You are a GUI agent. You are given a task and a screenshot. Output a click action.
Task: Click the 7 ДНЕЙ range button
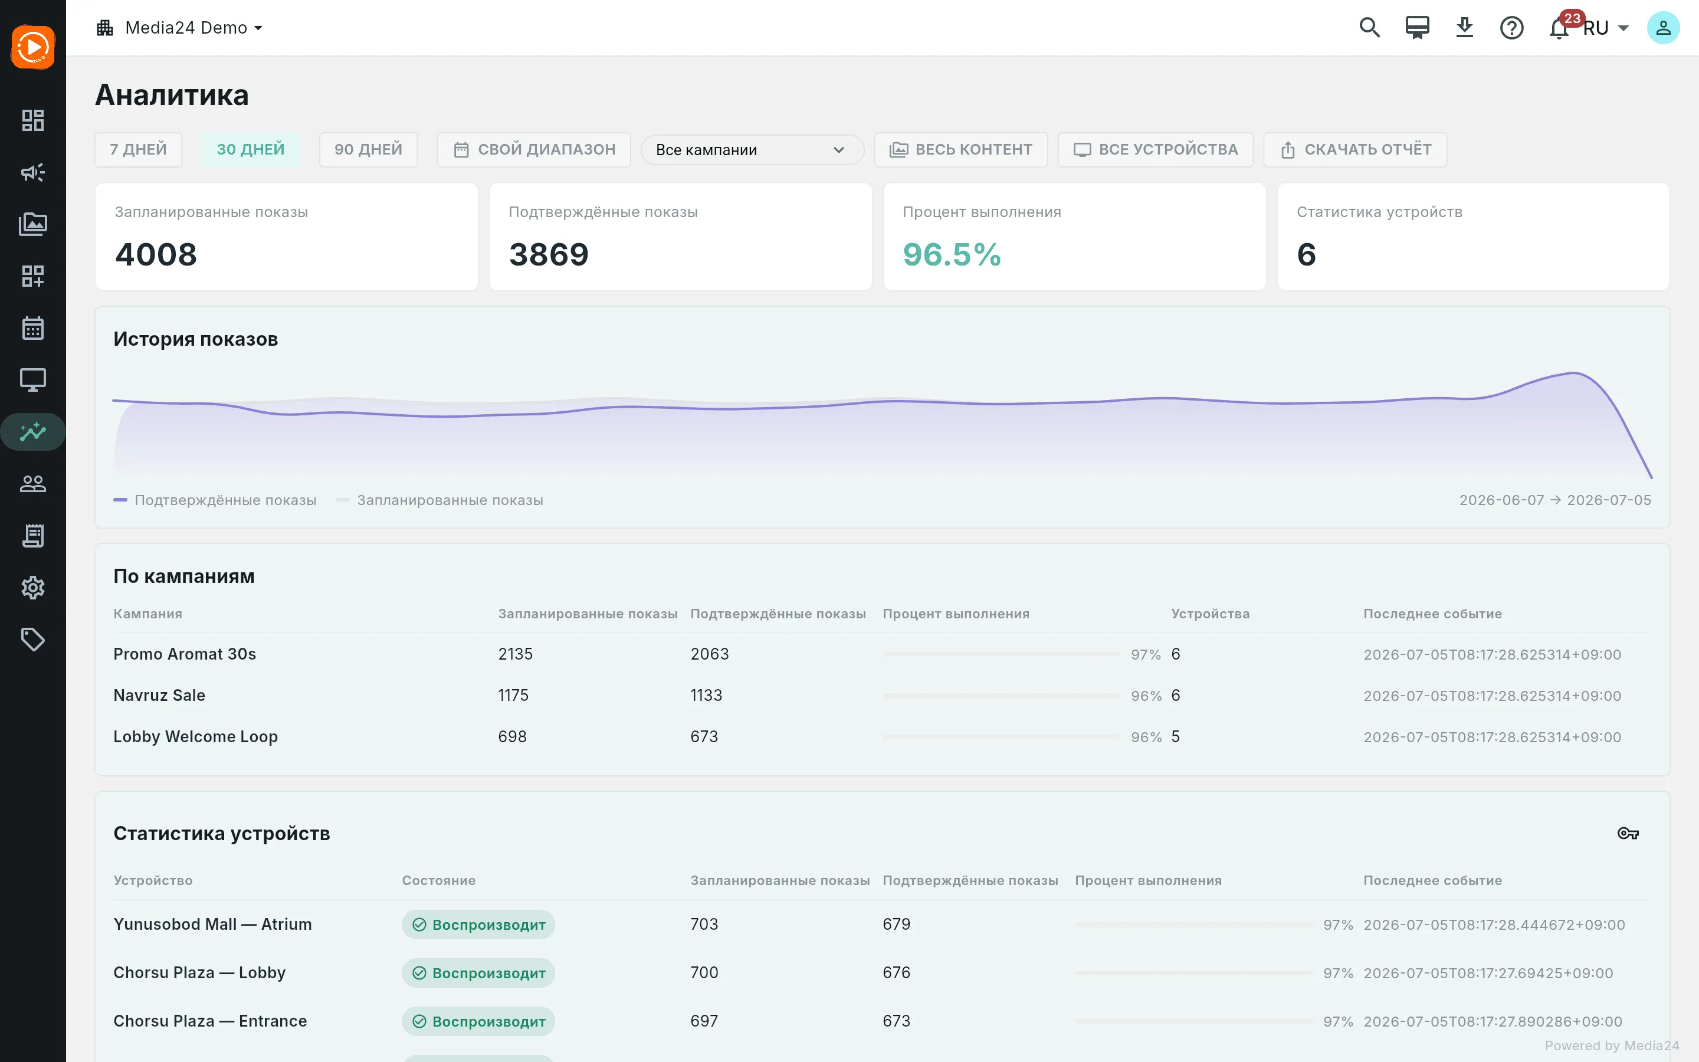(138, 150)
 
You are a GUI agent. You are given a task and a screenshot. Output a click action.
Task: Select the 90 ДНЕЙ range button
(368, 150)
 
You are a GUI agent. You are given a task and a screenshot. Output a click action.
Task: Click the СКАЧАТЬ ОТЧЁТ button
(1355, 150)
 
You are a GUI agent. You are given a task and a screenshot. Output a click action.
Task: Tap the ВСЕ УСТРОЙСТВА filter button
(1156, 150)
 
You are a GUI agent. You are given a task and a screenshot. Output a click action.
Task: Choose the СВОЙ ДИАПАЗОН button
(533, 150)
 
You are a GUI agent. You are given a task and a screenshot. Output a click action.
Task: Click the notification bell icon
(1559, 28)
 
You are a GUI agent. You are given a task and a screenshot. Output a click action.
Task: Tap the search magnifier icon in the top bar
(1370, 28)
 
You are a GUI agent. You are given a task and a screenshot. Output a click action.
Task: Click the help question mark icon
(1511, 28)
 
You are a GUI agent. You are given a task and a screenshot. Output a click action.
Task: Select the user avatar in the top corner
(1663, 28)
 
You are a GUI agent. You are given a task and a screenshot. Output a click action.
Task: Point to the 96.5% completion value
(952, 254)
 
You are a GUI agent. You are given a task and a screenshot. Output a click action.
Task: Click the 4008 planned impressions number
(156, 254)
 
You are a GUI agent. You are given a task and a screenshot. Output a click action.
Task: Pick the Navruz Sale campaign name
(159, 696)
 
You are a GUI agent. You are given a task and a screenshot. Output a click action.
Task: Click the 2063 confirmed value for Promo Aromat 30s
(710, 654)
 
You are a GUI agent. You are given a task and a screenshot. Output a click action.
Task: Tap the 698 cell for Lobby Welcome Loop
(513, 737)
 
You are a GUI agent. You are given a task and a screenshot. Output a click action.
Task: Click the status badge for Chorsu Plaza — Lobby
(478, 973)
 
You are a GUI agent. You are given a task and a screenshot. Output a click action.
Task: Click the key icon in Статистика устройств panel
(1628, 834)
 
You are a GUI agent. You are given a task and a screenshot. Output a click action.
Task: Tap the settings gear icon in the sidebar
(33, 588)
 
